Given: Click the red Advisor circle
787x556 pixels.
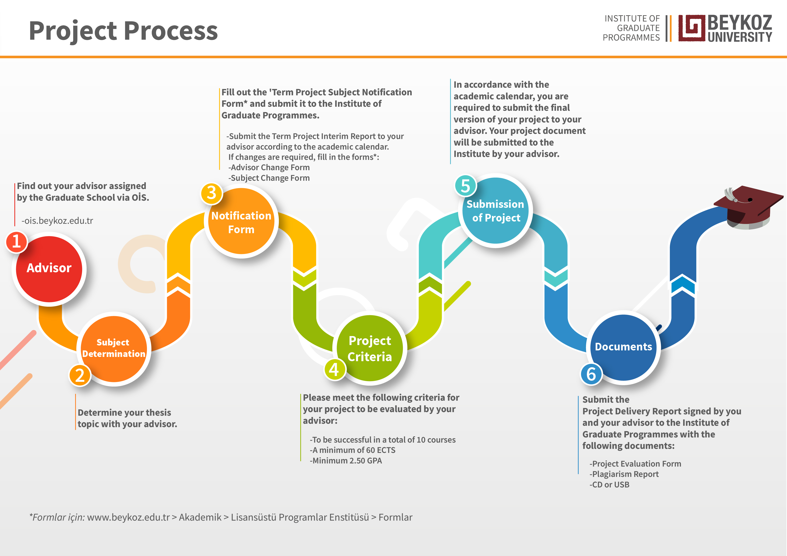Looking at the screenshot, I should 49,269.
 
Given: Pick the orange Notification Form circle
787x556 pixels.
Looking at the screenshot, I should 241,222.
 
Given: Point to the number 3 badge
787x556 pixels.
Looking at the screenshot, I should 212,193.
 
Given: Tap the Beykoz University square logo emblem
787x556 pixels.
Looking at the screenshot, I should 692,28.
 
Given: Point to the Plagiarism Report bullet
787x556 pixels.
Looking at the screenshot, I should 624,474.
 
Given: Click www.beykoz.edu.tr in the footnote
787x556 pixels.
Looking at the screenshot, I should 129,517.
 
